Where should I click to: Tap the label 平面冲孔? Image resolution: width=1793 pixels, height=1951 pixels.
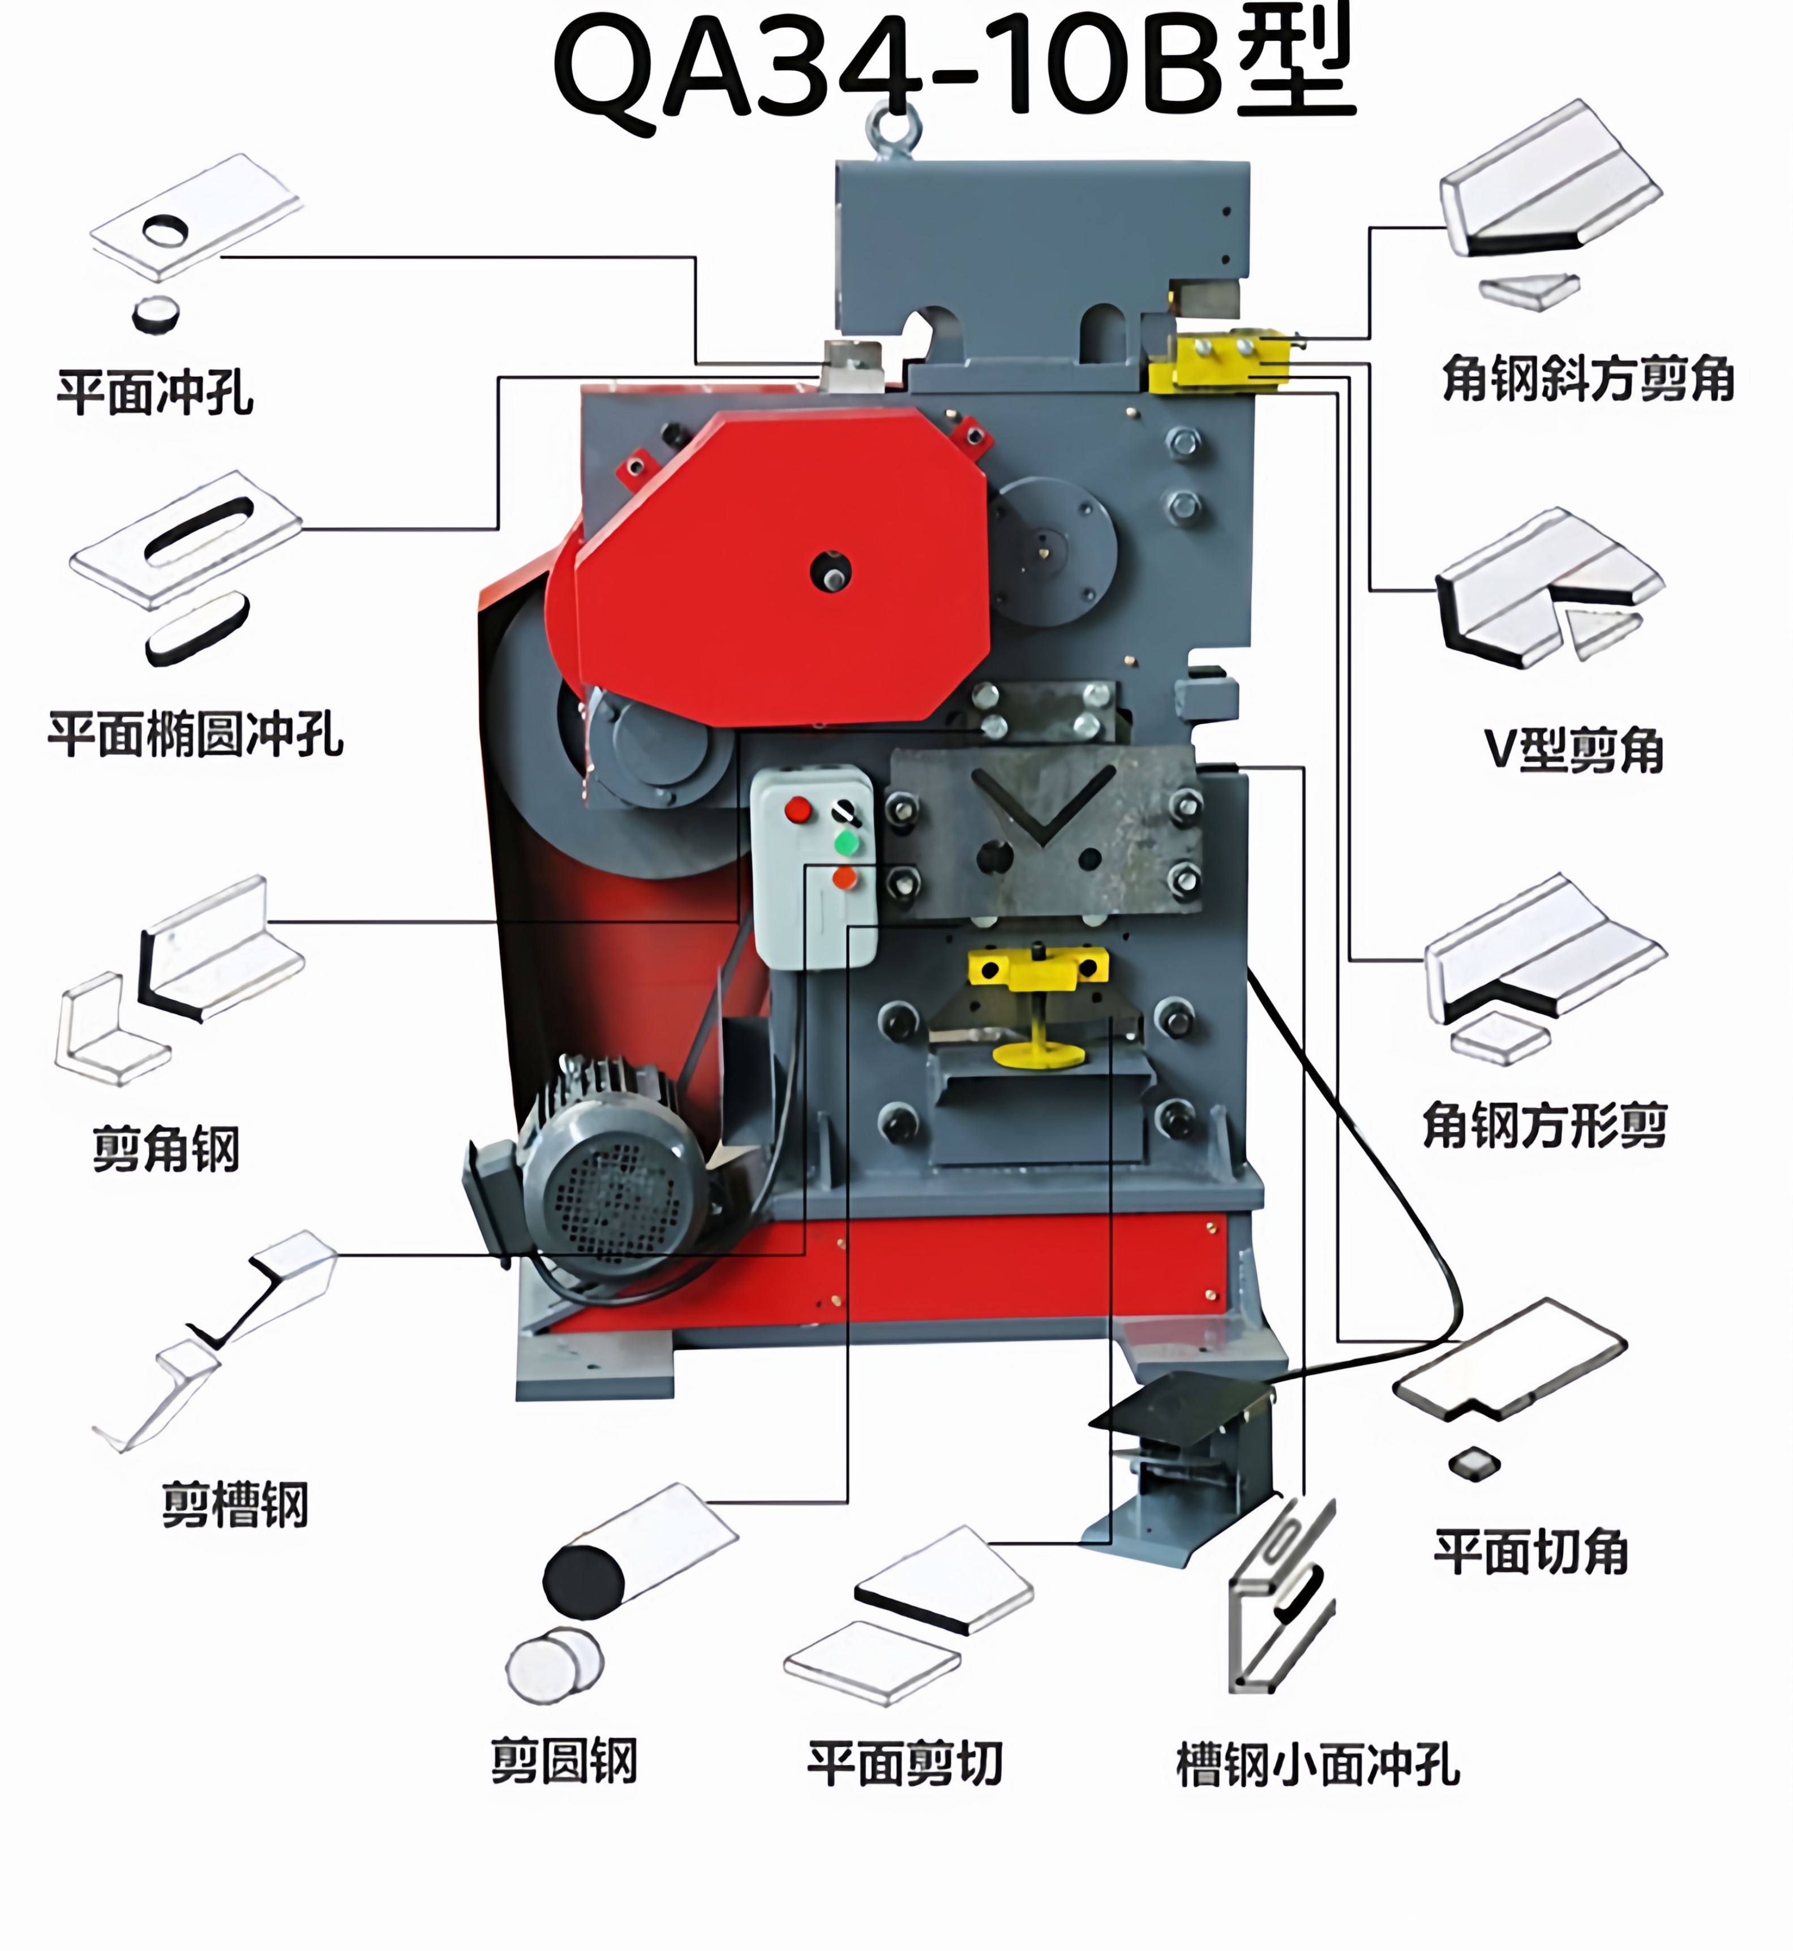pyautogui.click(x=155, y=393)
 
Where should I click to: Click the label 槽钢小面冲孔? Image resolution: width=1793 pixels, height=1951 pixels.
pyautogui.click(x=1318, y=1764)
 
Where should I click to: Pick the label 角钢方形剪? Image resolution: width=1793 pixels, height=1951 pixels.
pyautogui.click(x=1545, y=1125)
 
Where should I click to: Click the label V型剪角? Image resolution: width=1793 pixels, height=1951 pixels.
pyautogui.click(x=1574, y=750)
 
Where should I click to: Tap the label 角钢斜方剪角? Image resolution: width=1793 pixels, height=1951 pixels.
pyautogui.click(x=1588, y=379)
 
